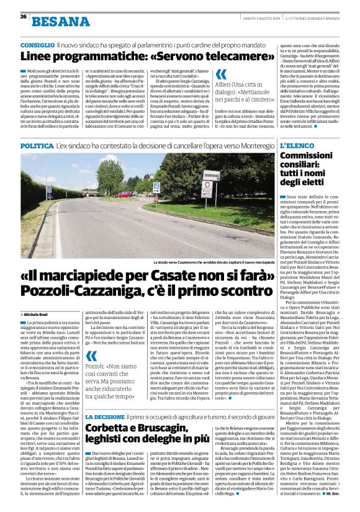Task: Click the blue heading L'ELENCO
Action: click(x=298, y=145)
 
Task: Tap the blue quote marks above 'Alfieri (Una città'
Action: click(x=221, y=75)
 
